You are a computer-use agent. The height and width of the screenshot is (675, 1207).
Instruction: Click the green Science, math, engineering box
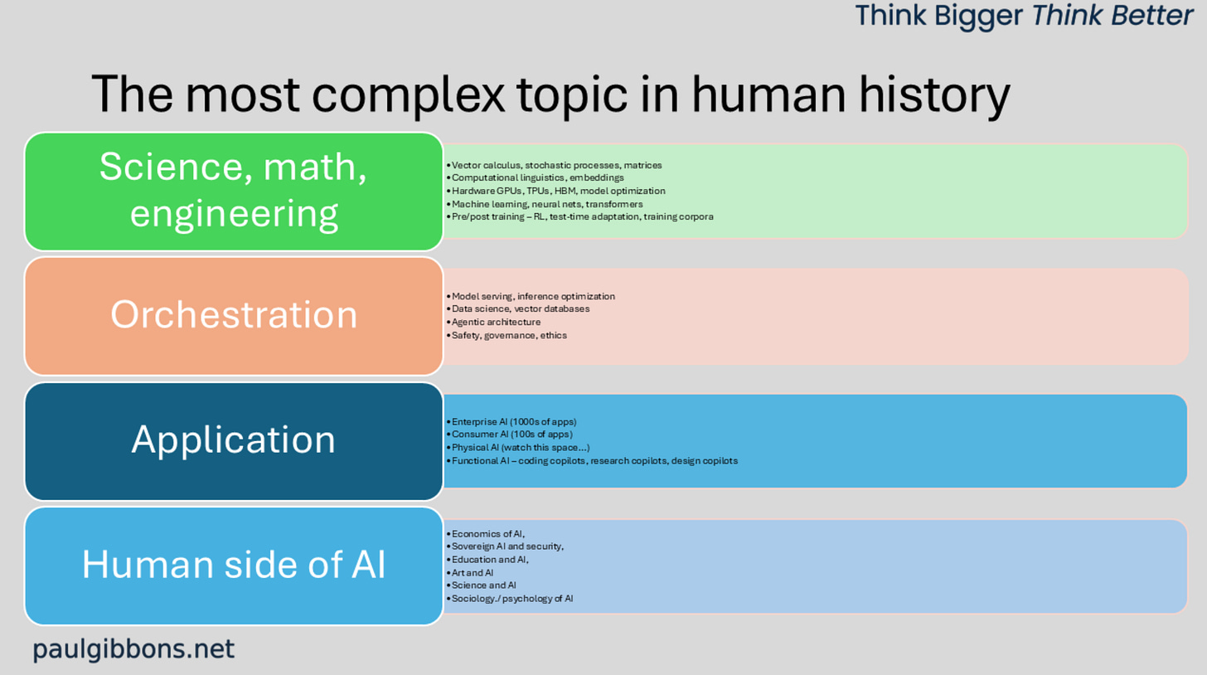pos(234,192)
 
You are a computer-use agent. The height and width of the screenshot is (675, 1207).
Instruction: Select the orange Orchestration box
pos(234,316)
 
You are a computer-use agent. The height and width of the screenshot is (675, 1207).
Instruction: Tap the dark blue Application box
pos(234,441)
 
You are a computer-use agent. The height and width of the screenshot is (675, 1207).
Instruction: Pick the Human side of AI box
pos(234,566)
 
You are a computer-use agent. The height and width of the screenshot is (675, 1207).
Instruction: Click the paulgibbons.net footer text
pos(133,649)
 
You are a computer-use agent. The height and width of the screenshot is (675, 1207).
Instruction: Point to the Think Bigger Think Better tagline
pos(1024,15)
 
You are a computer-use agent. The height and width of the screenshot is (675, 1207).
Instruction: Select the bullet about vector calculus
pos(554,165)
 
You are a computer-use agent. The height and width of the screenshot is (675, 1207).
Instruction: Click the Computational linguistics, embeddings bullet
pos(535,178)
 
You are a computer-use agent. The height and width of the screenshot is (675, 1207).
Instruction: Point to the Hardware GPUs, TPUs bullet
pos(555,191)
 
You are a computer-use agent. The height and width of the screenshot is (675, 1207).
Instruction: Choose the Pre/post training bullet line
pos(579,216)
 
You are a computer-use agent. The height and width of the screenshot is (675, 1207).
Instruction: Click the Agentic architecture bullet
pos(493,322)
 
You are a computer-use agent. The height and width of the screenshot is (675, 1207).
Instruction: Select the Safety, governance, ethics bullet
pos(507,335)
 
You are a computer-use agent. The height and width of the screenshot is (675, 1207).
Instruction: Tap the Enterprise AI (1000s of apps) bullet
pos(511,421)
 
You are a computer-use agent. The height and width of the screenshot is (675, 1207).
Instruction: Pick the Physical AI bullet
pos(518,448)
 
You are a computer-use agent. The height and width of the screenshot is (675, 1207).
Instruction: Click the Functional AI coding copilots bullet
pos(592,461)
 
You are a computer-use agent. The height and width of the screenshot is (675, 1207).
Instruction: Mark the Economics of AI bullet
pos(486,534)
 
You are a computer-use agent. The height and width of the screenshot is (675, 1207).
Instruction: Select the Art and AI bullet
pos(469,572)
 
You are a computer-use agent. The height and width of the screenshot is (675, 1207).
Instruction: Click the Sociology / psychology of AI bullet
pos(510,599)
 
